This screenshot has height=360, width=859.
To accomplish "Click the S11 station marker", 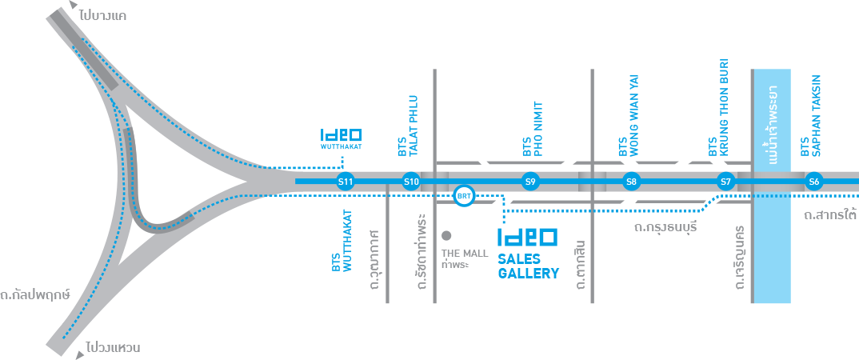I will [346, 182].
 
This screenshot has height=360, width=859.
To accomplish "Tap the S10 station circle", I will [411, 182].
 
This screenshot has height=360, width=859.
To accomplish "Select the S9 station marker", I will [529, 182].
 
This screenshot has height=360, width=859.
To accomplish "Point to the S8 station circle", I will [631, 182].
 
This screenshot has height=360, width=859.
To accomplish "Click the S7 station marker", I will [725, 182].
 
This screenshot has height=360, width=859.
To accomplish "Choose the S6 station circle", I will [814, 182].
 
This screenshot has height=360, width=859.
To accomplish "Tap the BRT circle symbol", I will [463, 196].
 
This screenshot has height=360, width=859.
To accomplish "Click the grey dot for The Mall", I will [446, 235].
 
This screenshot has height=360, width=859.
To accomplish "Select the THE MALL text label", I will [465, 254].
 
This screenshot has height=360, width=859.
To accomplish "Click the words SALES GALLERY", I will [528, 266].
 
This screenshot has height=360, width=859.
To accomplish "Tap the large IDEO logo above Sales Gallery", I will [527, 238].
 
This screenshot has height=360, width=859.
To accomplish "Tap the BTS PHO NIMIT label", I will [532, 128].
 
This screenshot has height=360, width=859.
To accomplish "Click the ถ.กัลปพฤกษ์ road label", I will [35, 294].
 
